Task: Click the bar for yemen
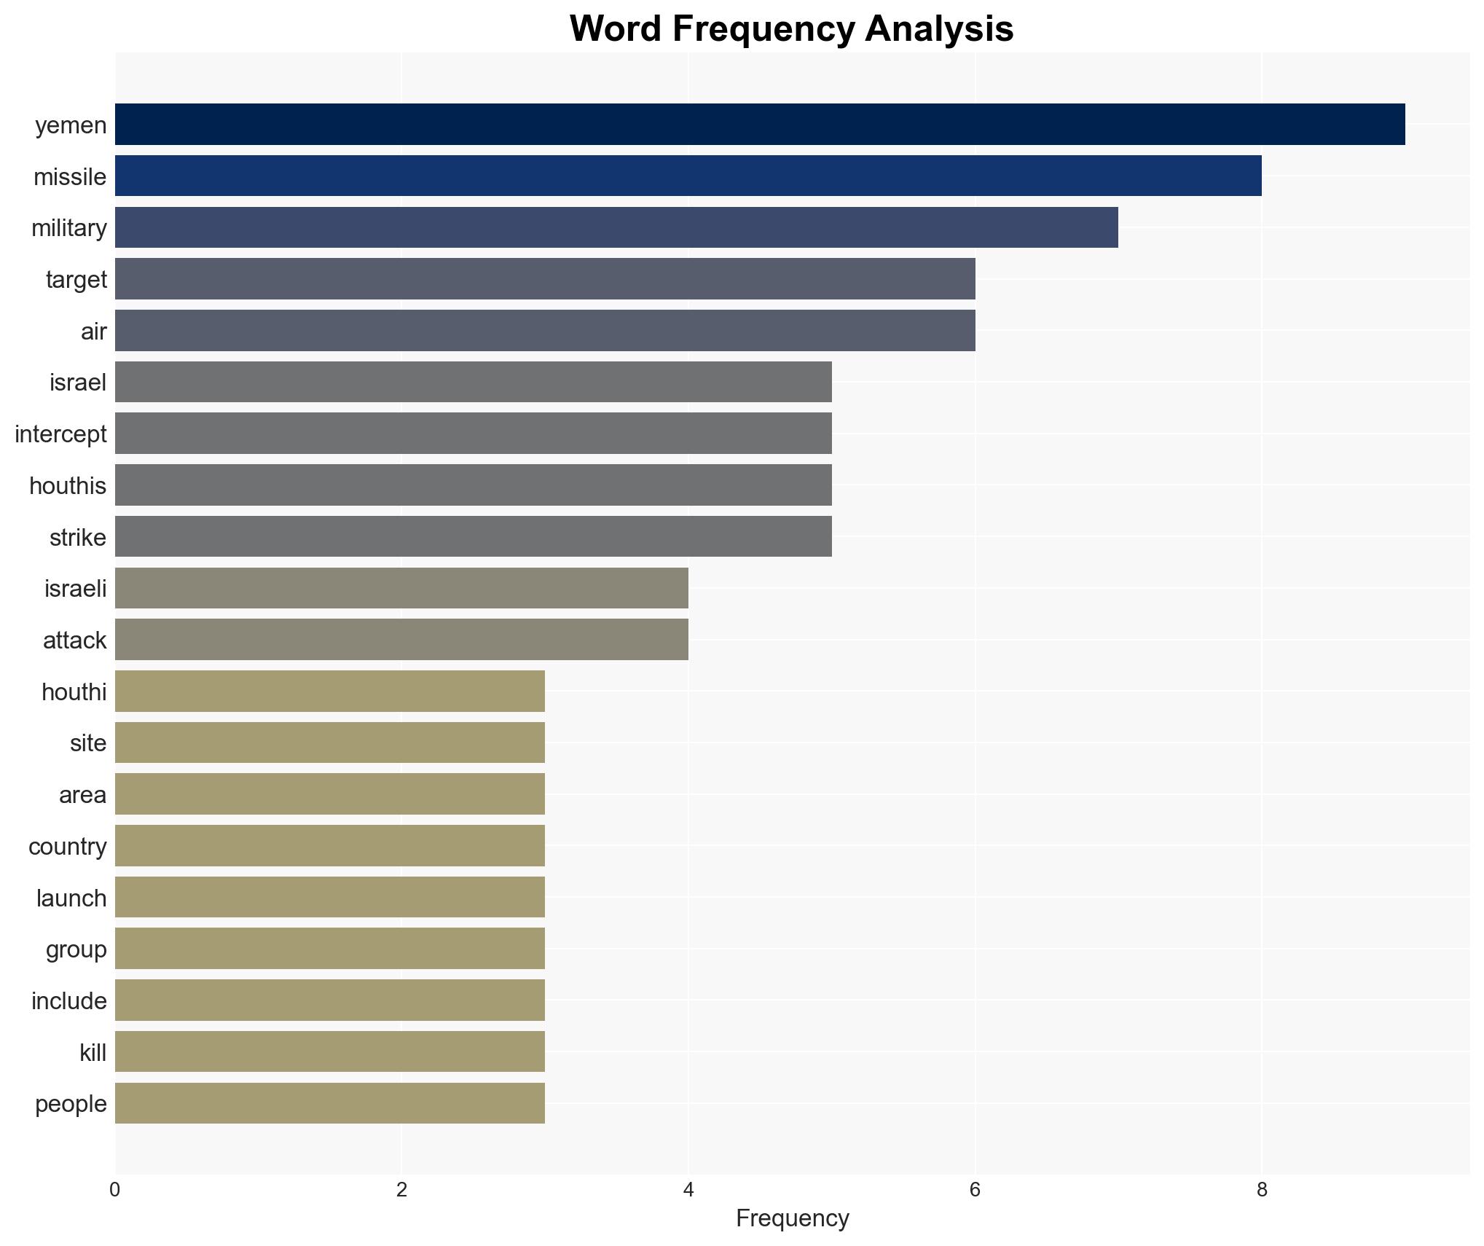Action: point(759,125)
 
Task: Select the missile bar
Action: point(688,176)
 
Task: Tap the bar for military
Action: point(616,227)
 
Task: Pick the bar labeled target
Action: point(545,279)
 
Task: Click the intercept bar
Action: point(474,434)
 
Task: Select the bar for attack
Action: point(401,640)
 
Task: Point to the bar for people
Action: point(330,1103)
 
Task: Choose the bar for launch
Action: point(330,897)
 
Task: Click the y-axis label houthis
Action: point(68,486)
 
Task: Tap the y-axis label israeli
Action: point(76,589)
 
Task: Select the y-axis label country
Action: point(68,847)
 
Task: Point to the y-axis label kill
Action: point(93,1053)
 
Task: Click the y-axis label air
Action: point(94,332)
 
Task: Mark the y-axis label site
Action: point(88,743)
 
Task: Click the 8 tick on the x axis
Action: point(1262,1191)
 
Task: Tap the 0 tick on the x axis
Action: point(115,1191)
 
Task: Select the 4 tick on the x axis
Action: point(688,1191)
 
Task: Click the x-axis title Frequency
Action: point(792,1218)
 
